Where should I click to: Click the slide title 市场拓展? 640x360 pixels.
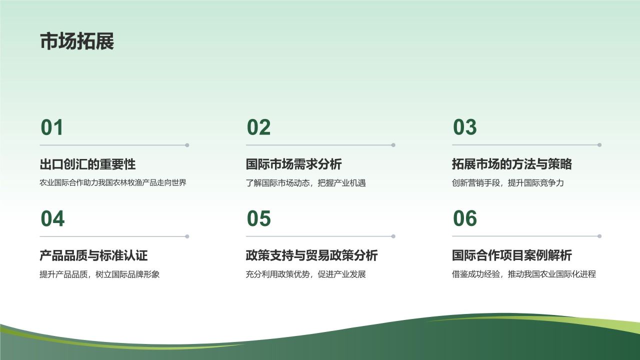77,41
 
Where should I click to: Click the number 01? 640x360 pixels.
52,128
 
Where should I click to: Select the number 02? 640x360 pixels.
258,128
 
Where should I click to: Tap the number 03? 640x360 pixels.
464,128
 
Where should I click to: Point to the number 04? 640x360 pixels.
52,219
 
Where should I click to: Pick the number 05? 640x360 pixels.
258,219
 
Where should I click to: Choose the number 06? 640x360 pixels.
465,219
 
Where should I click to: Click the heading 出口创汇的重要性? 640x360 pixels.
87,164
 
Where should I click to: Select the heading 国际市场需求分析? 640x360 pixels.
293,164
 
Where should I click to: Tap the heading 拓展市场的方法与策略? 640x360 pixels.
511,164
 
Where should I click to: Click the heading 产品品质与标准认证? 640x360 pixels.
93,255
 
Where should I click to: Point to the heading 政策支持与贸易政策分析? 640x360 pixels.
311,255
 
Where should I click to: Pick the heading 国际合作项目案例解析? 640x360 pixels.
511,255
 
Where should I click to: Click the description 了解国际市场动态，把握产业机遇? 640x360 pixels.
305,183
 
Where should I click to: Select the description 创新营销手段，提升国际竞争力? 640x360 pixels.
507,183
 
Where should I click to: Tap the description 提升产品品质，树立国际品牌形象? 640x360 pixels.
99,274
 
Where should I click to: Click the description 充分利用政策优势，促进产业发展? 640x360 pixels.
305,274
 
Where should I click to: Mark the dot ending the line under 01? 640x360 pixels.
187,145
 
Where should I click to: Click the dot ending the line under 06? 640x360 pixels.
599,236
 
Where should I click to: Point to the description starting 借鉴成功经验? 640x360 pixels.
523,274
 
